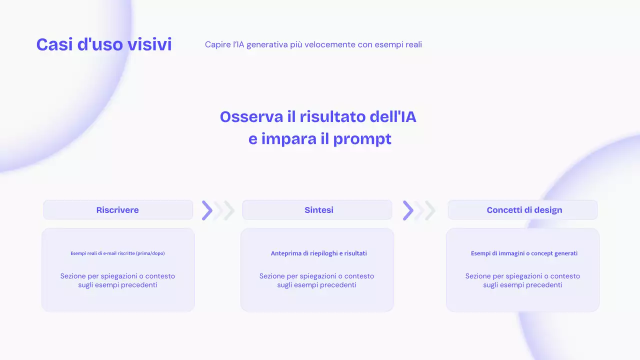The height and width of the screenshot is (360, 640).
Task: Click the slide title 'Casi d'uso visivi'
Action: tap(104, 44)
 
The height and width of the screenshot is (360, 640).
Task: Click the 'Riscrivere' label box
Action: tap(117, 210)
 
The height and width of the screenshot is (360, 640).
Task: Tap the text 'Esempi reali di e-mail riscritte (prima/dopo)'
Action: tap(117, 253)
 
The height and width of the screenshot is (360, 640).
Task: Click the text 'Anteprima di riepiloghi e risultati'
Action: tap(318, 253)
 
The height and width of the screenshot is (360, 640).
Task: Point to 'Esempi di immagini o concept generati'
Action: tap(524, 253)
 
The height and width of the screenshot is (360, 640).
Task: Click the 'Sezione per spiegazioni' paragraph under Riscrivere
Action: tap(117, 280)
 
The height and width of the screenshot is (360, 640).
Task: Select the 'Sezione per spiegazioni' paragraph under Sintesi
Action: tap(316, 280)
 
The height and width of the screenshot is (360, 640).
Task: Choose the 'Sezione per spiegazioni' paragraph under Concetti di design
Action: tap(522, 280)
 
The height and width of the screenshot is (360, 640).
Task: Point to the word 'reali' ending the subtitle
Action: tap(412, 44)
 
